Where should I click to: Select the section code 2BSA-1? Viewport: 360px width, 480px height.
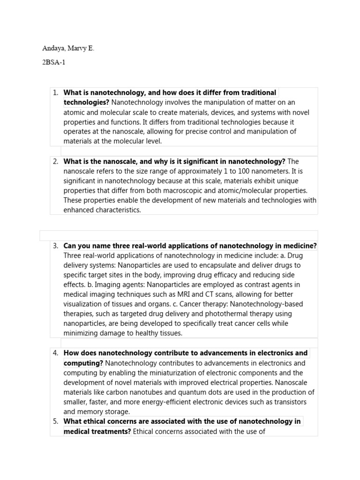click(x=54, y=62)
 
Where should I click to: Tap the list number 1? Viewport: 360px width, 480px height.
click(x=55, y=92)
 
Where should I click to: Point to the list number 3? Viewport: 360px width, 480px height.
click(x=55, y=246)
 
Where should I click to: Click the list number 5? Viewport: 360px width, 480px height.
click(x=55, y=421)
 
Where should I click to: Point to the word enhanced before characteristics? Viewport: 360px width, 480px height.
click(x=77, y=210)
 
